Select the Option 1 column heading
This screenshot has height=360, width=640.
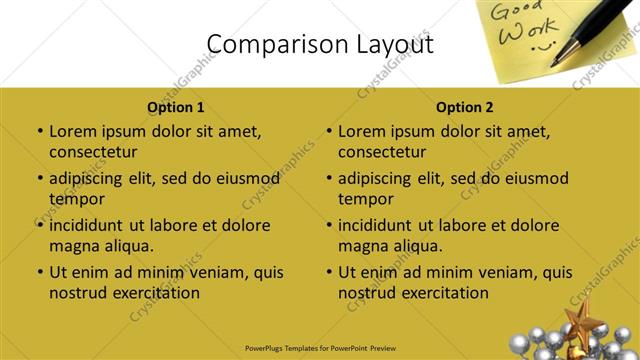click(x=176, y=107)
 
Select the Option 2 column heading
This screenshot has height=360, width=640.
click(x=465, y=107)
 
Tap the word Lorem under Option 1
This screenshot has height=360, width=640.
click(x=72, y=131)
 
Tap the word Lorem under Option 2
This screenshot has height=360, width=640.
click(x=361, y=131)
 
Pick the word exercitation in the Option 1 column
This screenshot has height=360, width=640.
click(x=154, y=293)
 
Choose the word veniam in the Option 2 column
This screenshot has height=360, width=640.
click(x=485, y=272)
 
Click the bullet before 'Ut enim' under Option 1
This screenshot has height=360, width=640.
click(x=39, y=272)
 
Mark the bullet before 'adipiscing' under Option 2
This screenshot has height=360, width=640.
click(x=328, y=179)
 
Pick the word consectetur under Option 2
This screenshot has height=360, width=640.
click(x=383, y=152)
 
